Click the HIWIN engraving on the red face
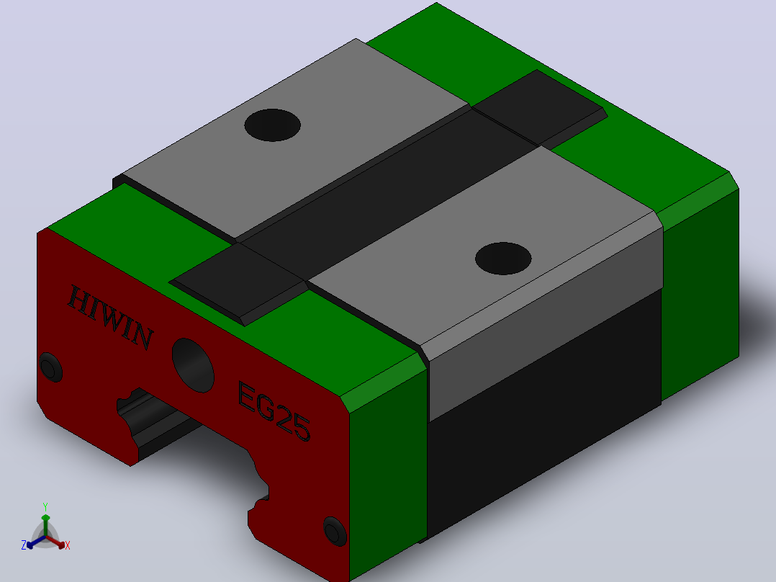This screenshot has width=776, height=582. [x=110, y=318]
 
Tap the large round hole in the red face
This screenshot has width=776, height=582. [x=193, y=365]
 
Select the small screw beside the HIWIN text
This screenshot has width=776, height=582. [x=50, y=367]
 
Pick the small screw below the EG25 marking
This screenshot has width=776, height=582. [x=335, y=531]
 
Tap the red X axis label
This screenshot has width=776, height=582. [x=68, y=545]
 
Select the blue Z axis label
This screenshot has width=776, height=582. [x=24, y=545]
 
